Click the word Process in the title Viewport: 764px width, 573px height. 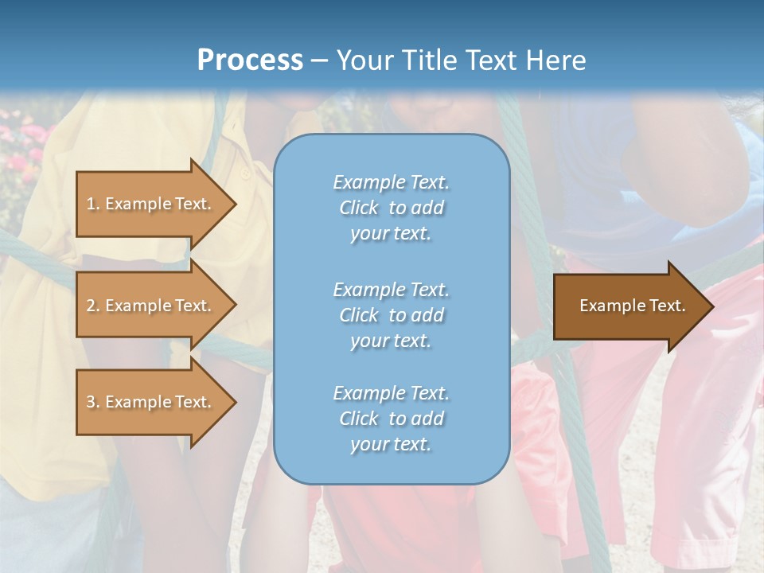pos(250,60)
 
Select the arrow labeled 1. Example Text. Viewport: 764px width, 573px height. pos(151,204)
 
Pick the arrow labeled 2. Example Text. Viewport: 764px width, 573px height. pos(151,306)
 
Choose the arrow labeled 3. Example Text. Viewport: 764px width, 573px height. pos(151,402)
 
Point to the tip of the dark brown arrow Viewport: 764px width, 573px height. pos(711,306)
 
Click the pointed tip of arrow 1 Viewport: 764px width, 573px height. pos(233,204)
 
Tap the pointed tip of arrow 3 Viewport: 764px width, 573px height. pos(233,402)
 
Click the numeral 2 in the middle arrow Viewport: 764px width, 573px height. pos(91,306)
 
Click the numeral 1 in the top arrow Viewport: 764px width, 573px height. pos(91,204)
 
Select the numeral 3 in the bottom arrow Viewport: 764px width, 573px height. pos(91,402)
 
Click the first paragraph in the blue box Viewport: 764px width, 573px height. pos(391,208)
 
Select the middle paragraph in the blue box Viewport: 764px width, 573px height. pos(391,315)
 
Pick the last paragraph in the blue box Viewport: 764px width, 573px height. pos(391,419)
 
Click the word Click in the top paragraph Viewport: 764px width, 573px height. pos(359,209)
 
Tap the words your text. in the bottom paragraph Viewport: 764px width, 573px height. pos(391,445)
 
